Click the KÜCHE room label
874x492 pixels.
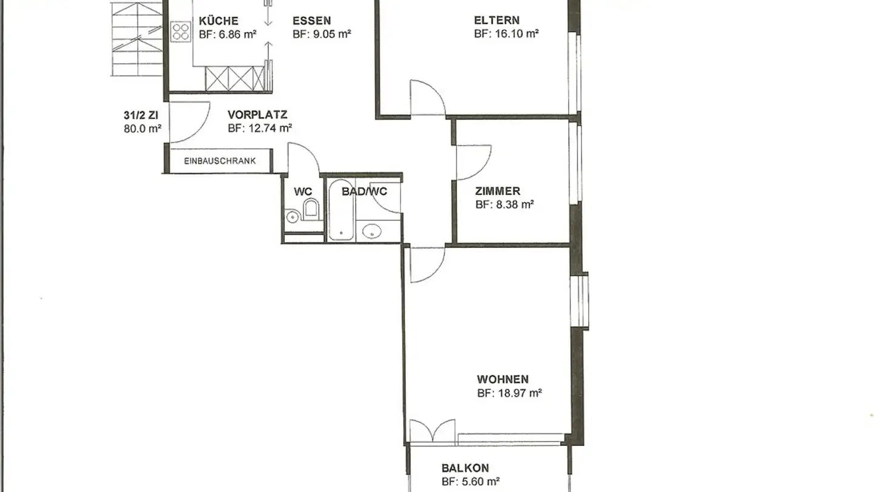[218, 20]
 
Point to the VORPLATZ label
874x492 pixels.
[257, 115]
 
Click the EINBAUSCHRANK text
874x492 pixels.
[220, 161]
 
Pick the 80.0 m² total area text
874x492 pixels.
[143, 129]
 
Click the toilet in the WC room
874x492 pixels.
[311, 209]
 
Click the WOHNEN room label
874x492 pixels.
[503, 379]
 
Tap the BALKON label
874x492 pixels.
[465, 468]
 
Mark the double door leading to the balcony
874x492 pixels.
[432, 432]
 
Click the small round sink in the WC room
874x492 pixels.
[292, 217]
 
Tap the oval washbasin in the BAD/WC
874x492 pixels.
[371, 231]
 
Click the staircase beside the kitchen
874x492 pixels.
[137, 38]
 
